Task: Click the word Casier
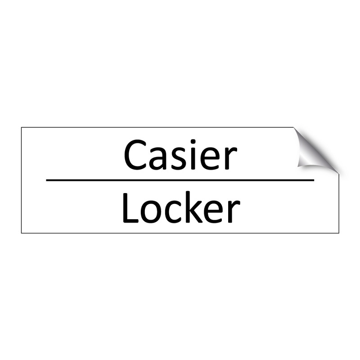tap(180, 155)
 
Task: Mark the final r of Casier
tap(230, 159)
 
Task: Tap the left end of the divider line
tap(47, 180)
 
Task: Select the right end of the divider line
tap(313, 180)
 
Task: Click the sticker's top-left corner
tap(22, 128)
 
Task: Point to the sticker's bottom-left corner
tap(22, 233)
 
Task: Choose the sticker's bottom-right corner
tap(338, 233)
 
